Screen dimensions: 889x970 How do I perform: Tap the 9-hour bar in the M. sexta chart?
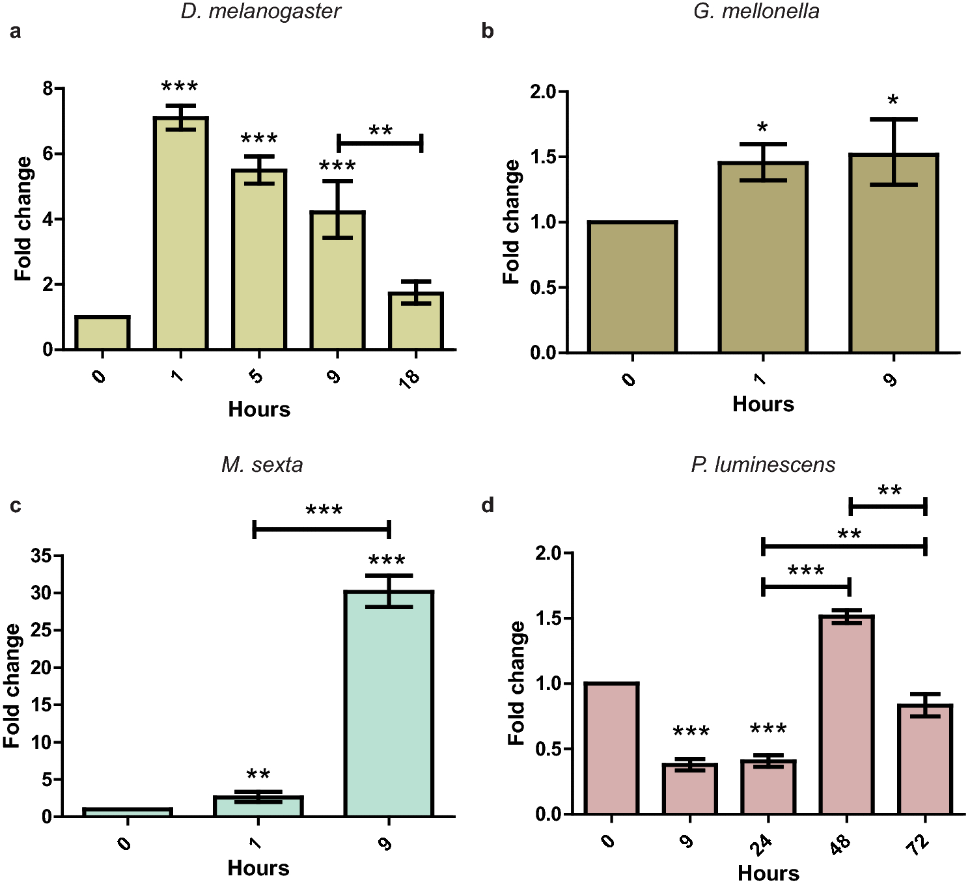389,703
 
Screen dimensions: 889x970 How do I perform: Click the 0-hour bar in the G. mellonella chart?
632,287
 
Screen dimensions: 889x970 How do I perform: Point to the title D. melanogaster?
260,12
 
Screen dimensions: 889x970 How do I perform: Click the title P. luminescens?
763,465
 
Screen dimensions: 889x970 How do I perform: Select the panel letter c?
16,506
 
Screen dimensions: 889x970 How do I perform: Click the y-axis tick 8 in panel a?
48,88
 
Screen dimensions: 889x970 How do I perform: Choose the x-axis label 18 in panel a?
409,378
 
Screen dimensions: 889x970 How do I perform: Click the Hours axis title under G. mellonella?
763,404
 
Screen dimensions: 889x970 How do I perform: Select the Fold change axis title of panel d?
516,683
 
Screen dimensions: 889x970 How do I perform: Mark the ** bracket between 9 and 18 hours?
380,143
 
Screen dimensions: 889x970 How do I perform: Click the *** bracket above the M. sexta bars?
322,528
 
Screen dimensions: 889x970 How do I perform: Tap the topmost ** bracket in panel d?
888,506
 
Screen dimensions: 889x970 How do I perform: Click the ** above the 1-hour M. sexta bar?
258,774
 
